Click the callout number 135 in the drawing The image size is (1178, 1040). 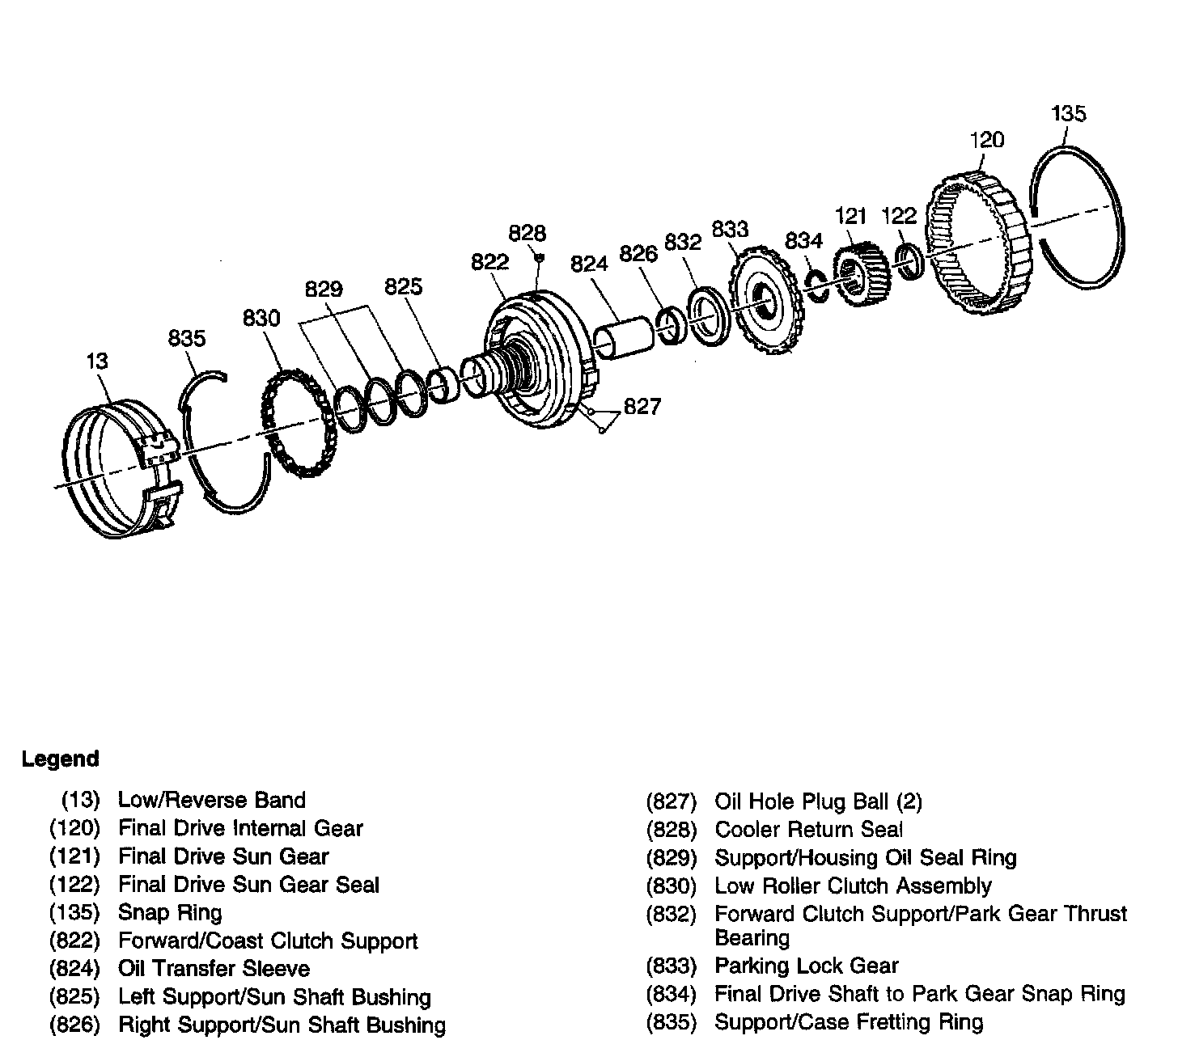pyautogui.click(x=1068, y=113)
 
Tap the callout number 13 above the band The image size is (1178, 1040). pyautogui.click(x=97, y=361)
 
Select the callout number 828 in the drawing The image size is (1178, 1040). pyautogui.click(x=528, y=233)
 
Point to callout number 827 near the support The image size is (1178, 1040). pyautogui.click(x=642, y=406)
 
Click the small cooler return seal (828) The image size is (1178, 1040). pyautogui.click(x=540, y=257)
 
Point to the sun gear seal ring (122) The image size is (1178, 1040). pyautogui.click(x=909, y=260)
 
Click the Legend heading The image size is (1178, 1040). pyautogui.click(x=60, y=759)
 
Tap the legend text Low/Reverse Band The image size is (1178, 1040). pyautogui.click(x=212, y=801)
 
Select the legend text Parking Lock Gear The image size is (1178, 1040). pyautogui.click(x=807, y=966)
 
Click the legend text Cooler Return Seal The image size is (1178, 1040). pyautogui.click(x=809, y=829)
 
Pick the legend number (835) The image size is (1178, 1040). pyautogui.click(x=672, y=1022)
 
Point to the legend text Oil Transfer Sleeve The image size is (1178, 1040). pyautogui.click(x=214, y=969)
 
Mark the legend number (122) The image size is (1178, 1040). pyautogui.click(x=74, y=885)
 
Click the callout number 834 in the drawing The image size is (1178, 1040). pyautogui.click(x=803, y=240)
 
